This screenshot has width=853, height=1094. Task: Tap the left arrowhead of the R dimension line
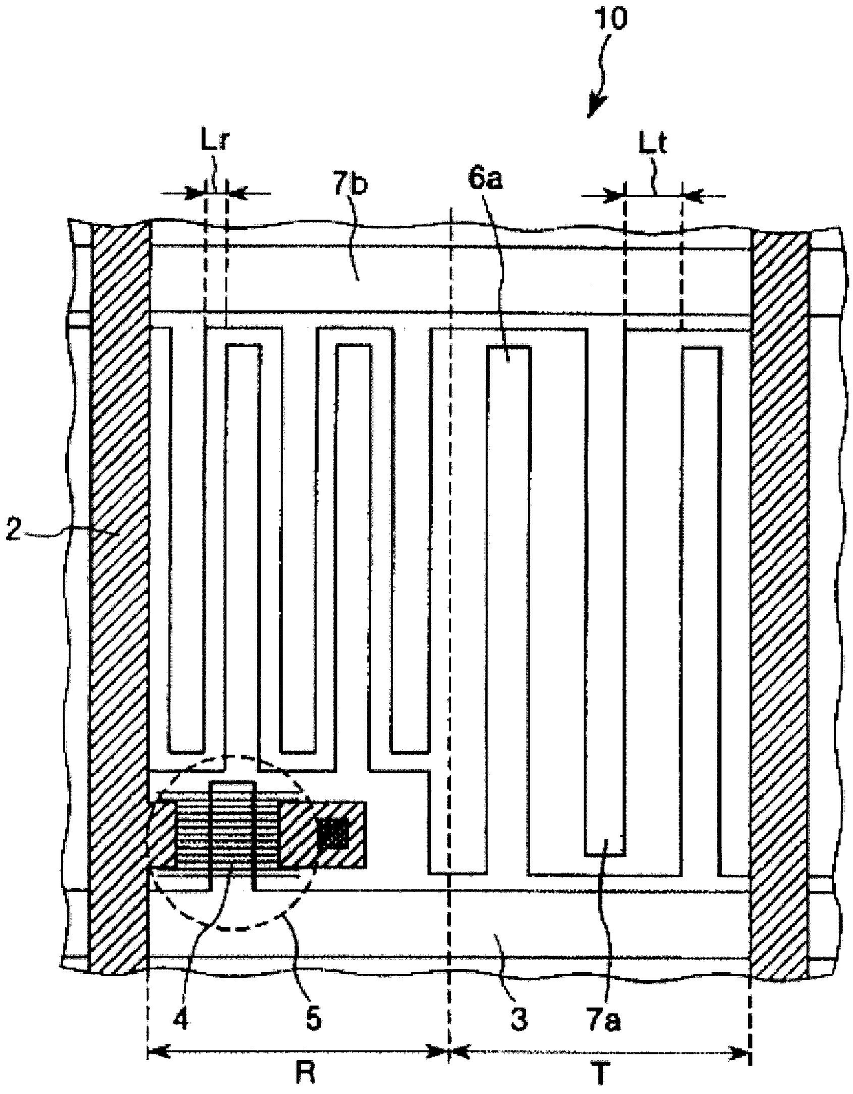(157, 1052)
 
